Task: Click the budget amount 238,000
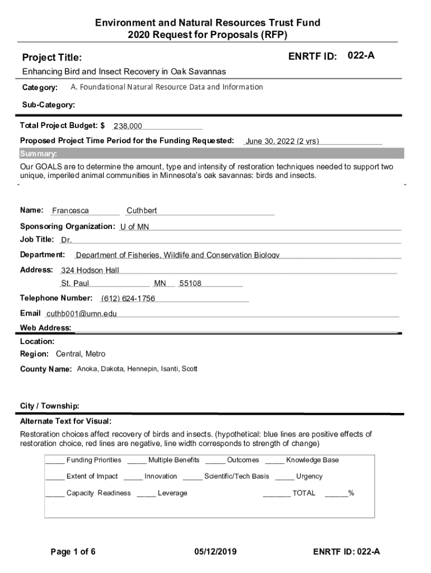coord(128,126)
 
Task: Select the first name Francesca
coord(70,211)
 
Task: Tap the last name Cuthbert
coord(142,211)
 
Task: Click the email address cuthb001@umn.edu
coord(82,313)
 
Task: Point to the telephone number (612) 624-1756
coord(128,298)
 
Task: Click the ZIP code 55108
coord(190,283)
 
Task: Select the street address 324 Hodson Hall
coord(90,270)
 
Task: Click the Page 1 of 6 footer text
coord(73,552)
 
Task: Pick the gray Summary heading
coord(39,154)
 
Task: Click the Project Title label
coord(51,58)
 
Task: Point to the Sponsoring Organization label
coord(68,226)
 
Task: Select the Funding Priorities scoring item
coord(93,460)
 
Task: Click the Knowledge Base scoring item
coord(312,460)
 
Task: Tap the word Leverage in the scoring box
coord(172,493)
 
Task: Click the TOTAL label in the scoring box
coord(304,493)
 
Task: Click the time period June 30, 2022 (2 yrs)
coord(282,141)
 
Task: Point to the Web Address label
coord(45,327)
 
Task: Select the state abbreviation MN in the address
coord(160,283)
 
